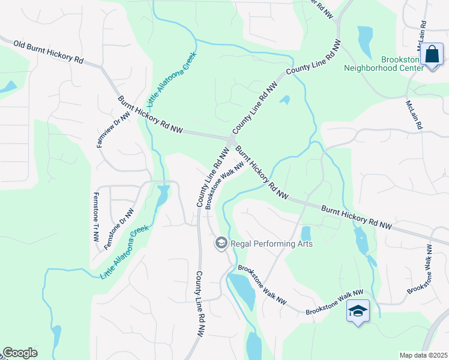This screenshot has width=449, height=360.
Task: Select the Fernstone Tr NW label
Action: [x=95, y=217]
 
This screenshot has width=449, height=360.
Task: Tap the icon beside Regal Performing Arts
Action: [x=221, y=243]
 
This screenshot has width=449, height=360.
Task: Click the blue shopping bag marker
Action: [x=432, y=55]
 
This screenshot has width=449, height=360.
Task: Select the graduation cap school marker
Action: [x=358, y=311]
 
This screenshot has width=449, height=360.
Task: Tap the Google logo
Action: [x=20, y=353]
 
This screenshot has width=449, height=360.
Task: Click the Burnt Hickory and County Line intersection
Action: [x=231, y=140]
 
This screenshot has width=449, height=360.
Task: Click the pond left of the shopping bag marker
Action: [x=365, y=40]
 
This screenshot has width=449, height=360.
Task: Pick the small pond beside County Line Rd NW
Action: [x=285, y=100]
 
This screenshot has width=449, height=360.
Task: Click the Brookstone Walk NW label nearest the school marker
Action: [x=335, y=303]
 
